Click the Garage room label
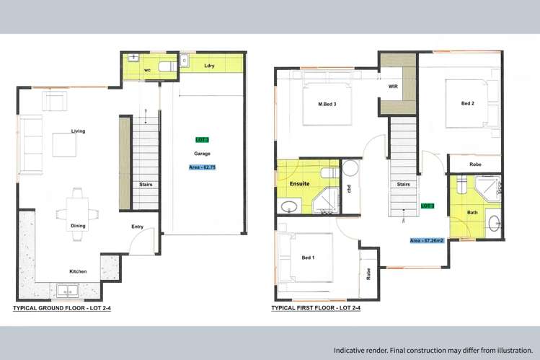[201, 154]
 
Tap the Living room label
[78, 131]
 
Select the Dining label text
[78, 226]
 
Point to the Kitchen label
[78, 271]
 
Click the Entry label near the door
[137, 227]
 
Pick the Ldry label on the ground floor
[209, 66]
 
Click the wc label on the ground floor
[147, 70]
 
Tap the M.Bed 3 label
[328, 104]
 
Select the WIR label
[393, 86]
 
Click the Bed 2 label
[468, 103]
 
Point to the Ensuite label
[300, 183]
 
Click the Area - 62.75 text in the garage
[202, 167]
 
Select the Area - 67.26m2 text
[427, 240]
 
